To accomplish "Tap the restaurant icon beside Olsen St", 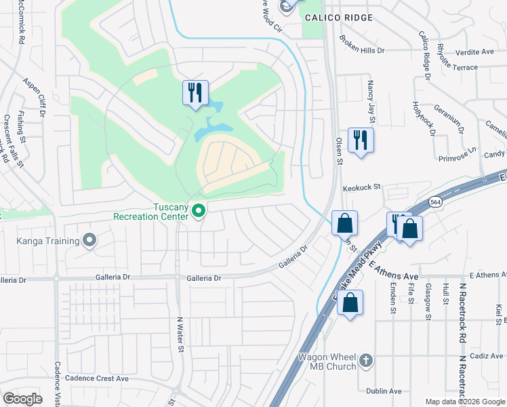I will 360,140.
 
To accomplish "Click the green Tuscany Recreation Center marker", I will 199,212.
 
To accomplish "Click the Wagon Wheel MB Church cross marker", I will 365,360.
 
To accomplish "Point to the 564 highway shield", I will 437,203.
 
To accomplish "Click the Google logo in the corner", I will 23,399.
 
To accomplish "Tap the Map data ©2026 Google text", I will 464,401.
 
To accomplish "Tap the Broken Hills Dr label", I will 362,45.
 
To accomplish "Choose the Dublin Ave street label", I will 384,391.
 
